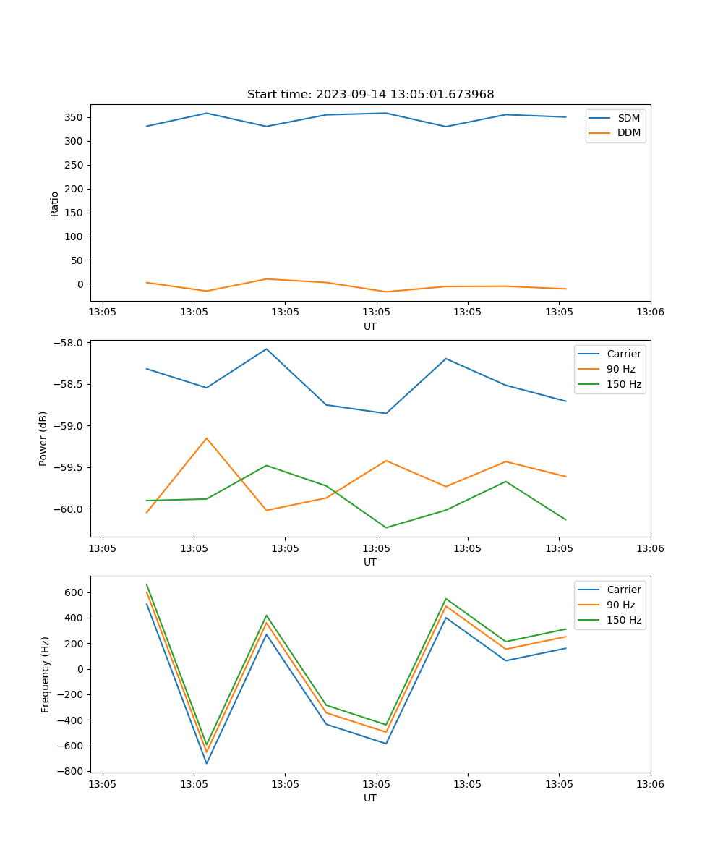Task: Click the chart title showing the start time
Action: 370,95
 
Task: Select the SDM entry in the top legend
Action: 628,118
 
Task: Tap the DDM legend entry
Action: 628,132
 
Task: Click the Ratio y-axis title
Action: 55,204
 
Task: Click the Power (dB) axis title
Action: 43,438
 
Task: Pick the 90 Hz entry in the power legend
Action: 620,369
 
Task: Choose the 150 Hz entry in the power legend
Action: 623,384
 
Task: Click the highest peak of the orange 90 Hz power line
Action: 207,438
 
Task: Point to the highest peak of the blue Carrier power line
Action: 267,349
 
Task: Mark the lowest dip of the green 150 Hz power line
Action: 386,527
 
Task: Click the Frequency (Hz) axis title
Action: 46,674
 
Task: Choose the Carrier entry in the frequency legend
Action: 623,590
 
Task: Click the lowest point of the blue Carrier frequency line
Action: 207,763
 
